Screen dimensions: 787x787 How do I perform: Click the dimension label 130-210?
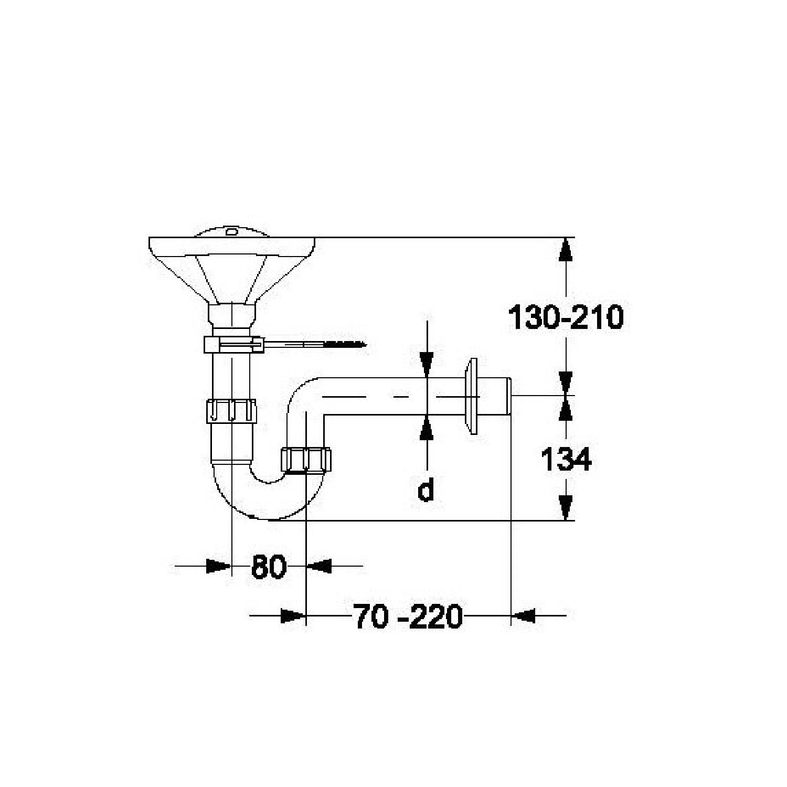tap(566, 317)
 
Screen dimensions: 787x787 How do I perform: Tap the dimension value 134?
tap(566, 460)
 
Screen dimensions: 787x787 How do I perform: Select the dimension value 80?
tap(269, 567)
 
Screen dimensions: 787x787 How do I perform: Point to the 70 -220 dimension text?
tap(408, 616)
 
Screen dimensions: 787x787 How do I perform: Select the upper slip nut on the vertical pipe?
tap(231, 410)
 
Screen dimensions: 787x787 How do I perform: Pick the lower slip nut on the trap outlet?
tap(306, 460)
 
